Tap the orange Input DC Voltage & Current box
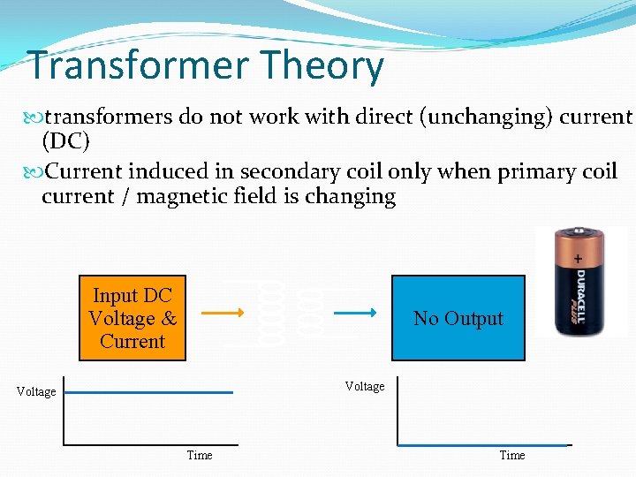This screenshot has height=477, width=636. (x=132, y=318)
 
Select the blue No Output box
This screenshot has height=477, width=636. (x=458, y=318)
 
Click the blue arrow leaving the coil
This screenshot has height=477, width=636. (x=362, y=312)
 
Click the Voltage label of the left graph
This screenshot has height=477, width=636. (x=36, y=392)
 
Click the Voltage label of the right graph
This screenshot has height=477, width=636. (x=365, y=387)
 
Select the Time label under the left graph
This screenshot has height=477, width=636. (x=200, y=456)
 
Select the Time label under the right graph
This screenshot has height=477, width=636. (x=512, y=456)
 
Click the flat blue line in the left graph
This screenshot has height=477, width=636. (x=150, y=392)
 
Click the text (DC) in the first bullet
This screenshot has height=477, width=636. (x=65, y=141)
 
